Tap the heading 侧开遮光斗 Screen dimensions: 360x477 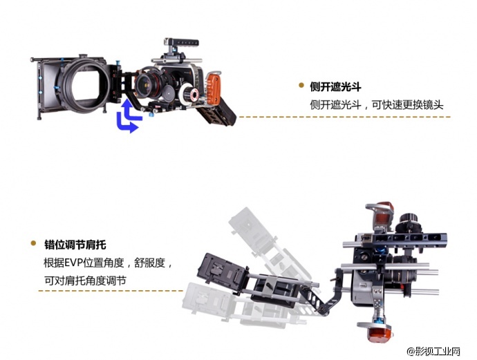(336, 87)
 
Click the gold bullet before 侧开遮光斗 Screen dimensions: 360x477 (301, 86)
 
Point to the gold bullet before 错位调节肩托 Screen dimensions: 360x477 (33, 244)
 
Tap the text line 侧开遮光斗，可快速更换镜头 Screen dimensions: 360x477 (377, 106)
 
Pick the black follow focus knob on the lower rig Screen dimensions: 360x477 (409, 221)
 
